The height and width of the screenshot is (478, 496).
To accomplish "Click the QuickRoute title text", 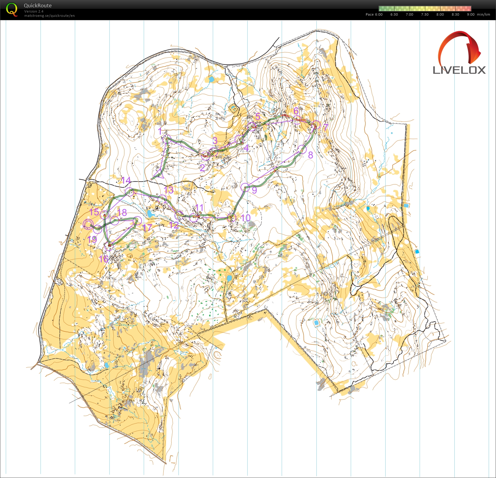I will [38, 6].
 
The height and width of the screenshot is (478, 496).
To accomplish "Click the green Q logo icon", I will [12, 10].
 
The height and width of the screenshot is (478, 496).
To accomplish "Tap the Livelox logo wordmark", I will [459, 70].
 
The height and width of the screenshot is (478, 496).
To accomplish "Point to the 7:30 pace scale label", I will [425, 14].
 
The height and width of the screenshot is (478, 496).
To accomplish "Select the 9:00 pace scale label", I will [470, 14].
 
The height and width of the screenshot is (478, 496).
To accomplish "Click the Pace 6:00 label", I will [374, 14].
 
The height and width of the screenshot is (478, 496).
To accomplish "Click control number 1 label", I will [160, 131].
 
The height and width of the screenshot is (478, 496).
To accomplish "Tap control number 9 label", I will [254, 190].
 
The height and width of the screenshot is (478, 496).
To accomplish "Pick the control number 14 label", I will [126, 180].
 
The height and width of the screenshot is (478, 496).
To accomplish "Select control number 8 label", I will [310, 155].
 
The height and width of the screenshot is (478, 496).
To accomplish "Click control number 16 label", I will [103, 259].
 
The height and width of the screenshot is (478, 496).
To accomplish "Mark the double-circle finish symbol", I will [88, 224].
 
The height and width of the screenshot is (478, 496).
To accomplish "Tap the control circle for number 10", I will [232, 218].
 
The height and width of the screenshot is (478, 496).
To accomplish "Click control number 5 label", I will [258, 117].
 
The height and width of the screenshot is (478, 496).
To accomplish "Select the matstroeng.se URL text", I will [49, 16].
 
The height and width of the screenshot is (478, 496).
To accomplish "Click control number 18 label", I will [122, 212].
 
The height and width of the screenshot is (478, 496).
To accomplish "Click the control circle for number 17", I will [138, 220].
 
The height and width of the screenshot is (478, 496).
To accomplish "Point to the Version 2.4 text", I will [34, 11].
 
